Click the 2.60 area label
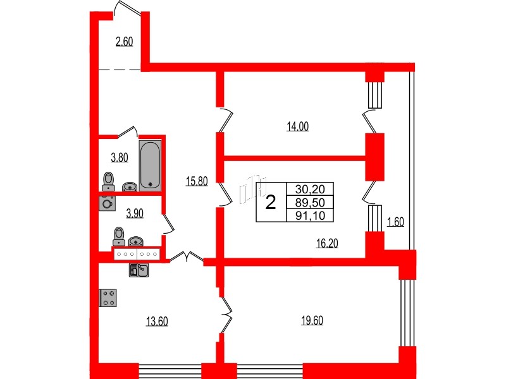tap(124, 42)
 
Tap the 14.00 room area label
tap(297, 126)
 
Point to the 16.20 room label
tap(327, 243)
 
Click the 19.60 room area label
tap(312, 320)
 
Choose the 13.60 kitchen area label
tap(157, 321)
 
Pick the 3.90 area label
tap(135, 213)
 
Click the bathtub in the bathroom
tap(151, 164)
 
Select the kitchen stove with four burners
tap(108, 298)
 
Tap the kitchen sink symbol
tap(139, 270)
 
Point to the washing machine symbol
tap(107, 203)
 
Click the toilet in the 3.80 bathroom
tap(108, 181)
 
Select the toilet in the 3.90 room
tap(118, 236)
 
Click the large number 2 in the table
tap(271, 203)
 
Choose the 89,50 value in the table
tap(309, 203)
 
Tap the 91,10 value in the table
tap(309, 216)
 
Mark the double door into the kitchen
tap(185, 257)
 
